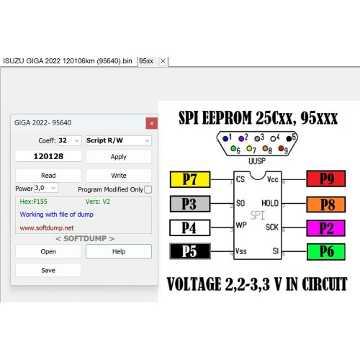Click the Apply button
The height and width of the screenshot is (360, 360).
click(119, 157)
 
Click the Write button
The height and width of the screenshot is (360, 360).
click(119, 176)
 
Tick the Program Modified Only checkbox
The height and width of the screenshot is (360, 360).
click(148, 189)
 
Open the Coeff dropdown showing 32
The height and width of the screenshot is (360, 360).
click(69, 140)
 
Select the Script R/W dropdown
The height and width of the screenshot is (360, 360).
click(119, 140)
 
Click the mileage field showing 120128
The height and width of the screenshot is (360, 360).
click(48, 156)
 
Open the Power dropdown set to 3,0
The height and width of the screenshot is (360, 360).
click(46, 188)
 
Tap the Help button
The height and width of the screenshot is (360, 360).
click(119, 251)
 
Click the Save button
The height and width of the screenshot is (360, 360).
click(48, 270)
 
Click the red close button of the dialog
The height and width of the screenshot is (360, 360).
click(152, 123)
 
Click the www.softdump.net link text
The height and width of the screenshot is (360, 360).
click(47, 228)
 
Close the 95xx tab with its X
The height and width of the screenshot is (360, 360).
click(163, 61)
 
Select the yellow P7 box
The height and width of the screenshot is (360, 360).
click(190, 179)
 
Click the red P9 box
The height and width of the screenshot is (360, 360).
click(326, 179)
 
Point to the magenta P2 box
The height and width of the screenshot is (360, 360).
click(326, 228)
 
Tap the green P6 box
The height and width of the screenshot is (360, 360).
click(326, 252)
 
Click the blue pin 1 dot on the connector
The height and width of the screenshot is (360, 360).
click(225, 138)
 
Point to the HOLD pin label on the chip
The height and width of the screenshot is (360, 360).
click(270, 203)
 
